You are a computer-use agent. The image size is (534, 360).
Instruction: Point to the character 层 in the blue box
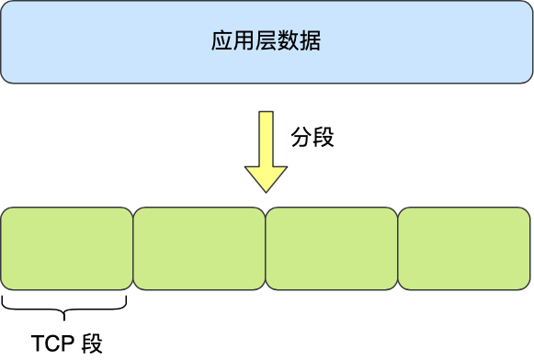click(x=266, y=42)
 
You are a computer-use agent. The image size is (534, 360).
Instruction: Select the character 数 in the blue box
click(x=288, y=42)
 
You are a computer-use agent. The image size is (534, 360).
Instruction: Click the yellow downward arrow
click(x=266, y=152)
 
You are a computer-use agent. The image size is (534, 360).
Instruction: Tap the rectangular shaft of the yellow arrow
click(x=266, y=138)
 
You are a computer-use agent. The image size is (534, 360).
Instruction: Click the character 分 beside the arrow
click(x=301, y=138)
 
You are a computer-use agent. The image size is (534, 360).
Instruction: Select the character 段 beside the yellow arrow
click(x=323, y=138)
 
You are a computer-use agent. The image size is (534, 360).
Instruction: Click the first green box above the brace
click(x=66, y=247)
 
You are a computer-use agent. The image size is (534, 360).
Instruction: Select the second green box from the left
click(x=199, y=247)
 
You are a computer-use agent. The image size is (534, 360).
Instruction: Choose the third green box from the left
click(x=331, y=247)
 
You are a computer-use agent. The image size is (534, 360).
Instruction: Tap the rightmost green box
click(x=464, y=247)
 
